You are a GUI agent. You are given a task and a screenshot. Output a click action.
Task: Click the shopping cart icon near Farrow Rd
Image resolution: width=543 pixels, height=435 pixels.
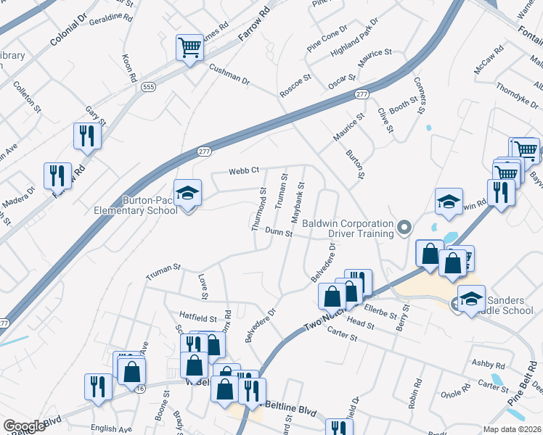point(189,49)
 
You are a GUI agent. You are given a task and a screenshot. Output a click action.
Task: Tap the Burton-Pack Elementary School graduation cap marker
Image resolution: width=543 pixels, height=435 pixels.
point(188,194)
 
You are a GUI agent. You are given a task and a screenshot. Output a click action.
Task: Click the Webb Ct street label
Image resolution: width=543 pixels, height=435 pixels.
point(244,171)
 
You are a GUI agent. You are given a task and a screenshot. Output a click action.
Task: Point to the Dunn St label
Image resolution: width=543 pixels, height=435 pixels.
point(278,232)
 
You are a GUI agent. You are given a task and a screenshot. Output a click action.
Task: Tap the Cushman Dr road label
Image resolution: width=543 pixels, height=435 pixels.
point(229,74)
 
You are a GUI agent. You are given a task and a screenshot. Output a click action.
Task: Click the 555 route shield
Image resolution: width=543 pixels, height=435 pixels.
point(149,87)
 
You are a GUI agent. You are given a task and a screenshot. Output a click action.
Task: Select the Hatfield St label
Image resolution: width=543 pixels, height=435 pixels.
point(198,318)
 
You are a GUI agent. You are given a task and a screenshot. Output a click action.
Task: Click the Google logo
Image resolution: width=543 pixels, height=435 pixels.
point(24,426)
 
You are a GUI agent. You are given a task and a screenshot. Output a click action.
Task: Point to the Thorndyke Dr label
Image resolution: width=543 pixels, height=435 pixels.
point(517,96)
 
